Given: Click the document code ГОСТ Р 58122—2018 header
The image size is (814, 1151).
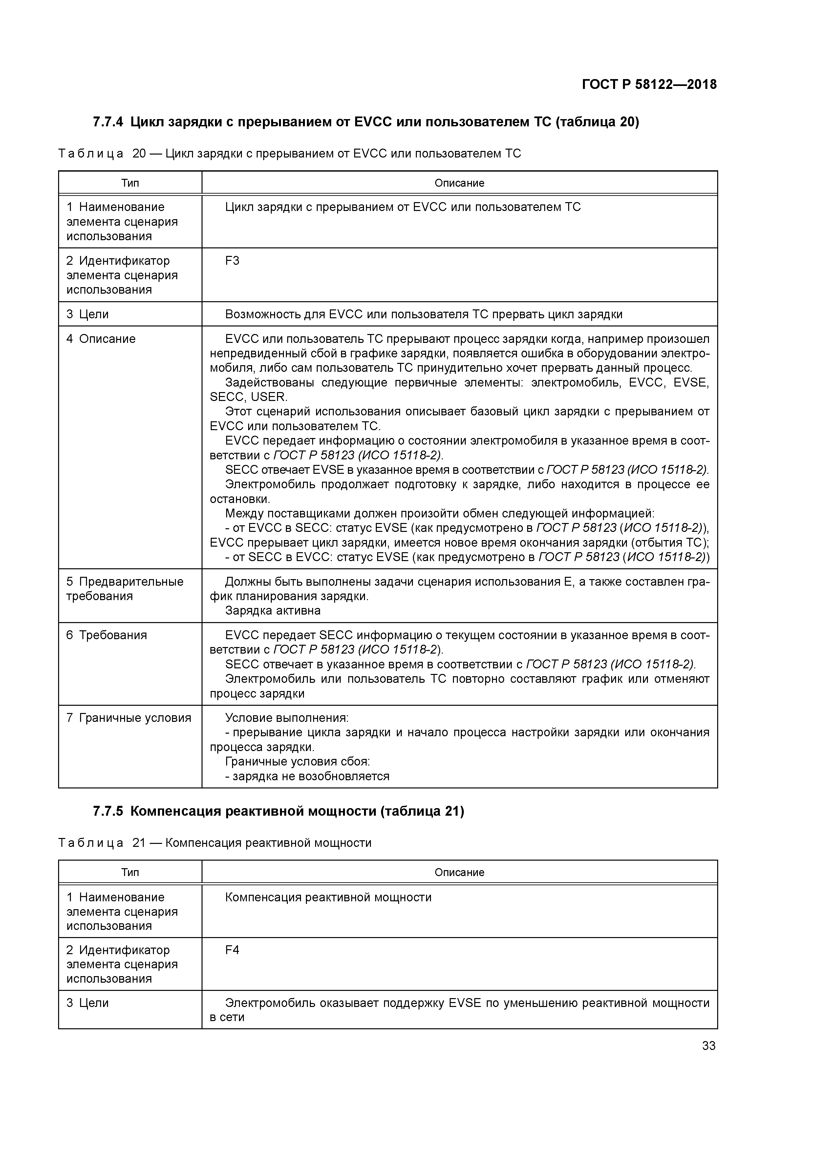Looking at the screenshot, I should [x=649, y=85].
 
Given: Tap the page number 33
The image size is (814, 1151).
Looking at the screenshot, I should [x=708, y=1045].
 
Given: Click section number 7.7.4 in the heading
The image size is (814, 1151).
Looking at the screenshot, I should [x=108, y=122].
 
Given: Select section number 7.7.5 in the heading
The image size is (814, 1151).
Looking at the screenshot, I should [x=108, y=811].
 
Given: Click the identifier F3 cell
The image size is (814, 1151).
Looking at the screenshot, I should [x=232, y=261].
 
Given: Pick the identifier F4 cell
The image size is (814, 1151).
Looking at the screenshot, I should [x=232, y=950].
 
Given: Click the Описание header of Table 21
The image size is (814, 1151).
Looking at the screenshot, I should [x=459, y=872].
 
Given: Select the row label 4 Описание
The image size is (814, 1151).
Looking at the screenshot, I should [x=101, y=339].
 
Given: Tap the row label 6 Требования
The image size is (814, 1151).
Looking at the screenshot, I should [x=106, y=635].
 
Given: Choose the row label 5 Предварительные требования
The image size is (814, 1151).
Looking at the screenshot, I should [x=124, y=589].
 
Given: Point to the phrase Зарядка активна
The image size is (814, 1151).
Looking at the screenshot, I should [x=272, y=611].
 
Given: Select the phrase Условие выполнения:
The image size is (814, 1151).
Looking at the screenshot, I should [x=287, y=718].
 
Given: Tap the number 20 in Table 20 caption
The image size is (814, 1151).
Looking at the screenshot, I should [x=139, y=154].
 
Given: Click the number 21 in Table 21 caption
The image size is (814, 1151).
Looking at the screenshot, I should [x=139, y=843].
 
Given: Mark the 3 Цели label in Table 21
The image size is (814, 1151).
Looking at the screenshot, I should [x=88, y=1003].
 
